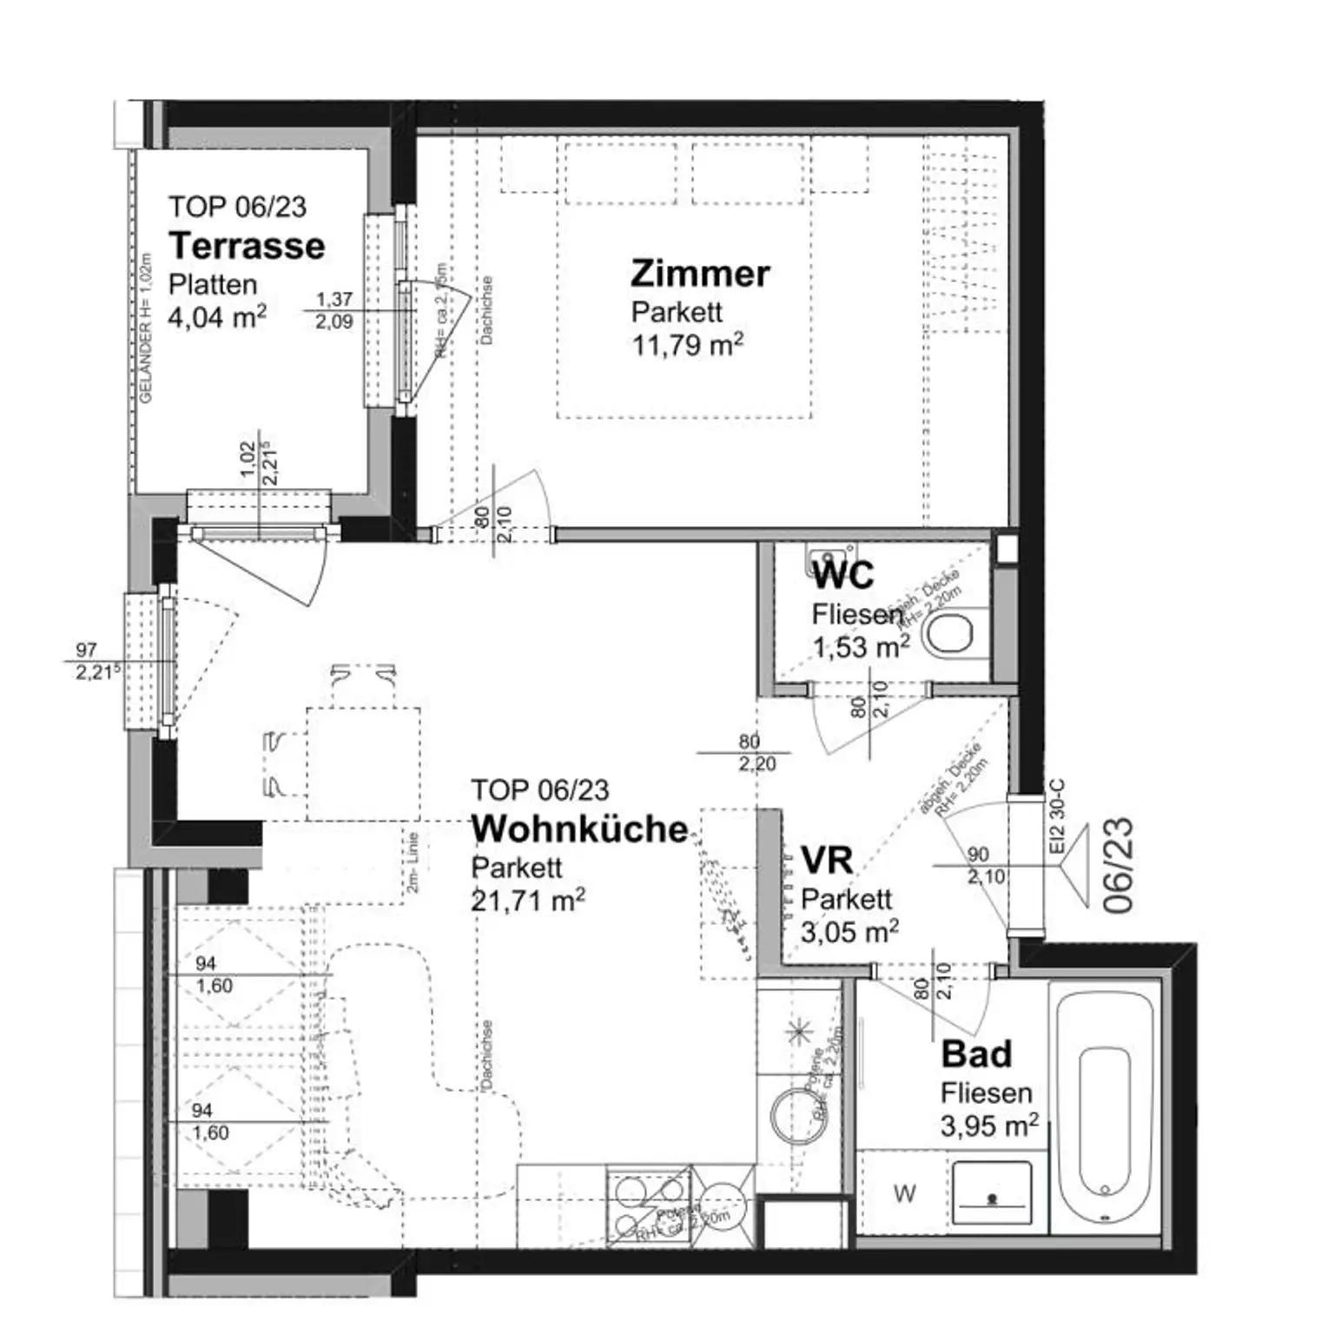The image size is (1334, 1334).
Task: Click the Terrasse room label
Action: click(x=247, y=246)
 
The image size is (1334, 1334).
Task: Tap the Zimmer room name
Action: click(x=700, y=274)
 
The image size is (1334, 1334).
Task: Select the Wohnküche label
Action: click(x=579, y=829)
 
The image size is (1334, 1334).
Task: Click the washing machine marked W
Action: click(x=904, y=1194)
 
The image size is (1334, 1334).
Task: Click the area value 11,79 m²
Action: click(x=687, y=345)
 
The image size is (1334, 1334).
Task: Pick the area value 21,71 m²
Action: click(x=527, y=901)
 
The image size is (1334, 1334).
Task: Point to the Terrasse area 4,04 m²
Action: click(x=217, y=317)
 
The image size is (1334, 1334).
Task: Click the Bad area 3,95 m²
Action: click(x=989, y=1126)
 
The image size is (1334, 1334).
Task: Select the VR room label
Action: click(x=827, y=861)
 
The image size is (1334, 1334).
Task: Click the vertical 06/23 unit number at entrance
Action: click(x=1119, y=865)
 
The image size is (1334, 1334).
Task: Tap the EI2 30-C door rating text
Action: click(x=1057, y=817)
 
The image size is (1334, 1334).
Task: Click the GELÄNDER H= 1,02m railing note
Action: click(x=146, y=328)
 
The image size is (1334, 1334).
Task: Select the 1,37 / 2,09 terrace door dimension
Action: click(x=334, y=310)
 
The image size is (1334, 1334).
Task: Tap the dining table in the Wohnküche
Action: click(x=363, y=764)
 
